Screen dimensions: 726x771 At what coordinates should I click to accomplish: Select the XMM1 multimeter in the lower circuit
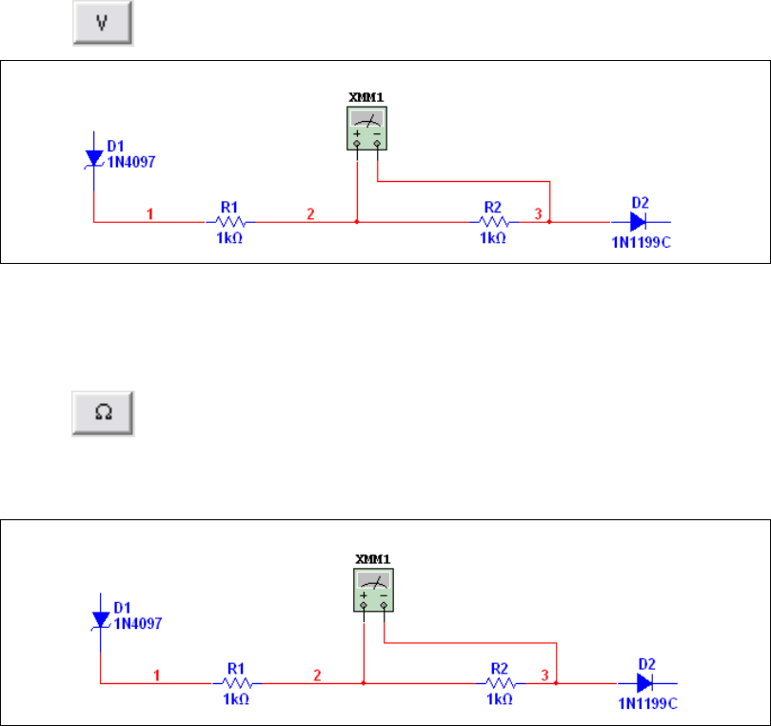point(372,590)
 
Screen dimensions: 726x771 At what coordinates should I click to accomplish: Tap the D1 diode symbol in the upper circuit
point(93,157)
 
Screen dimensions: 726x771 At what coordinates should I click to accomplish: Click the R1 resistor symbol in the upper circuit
point(229,221)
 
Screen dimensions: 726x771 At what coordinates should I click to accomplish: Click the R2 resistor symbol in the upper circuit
point(492,221)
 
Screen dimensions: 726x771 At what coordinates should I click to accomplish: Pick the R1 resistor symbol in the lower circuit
point(236,683)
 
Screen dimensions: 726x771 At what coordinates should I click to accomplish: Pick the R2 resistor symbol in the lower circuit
point(500,683)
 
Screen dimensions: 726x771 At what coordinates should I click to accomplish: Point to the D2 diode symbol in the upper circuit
point(640,221)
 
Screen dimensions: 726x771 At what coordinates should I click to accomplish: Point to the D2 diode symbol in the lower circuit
point(646,683)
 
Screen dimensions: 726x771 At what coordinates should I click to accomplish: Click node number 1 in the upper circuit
point(150,213)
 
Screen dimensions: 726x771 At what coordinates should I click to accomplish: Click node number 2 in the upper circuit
point(310,213)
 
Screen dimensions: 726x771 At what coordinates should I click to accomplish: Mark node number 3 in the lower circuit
point(545,676)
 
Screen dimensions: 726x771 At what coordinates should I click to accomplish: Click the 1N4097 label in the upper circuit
point(130,162)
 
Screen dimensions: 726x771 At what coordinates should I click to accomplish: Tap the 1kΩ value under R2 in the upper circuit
point(493,238)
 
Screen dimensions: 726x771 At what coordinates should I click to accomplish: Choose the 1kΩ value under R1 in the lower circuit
point(236,700)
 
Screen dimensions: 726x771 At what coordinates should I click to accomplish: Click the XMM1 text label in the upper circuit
point(366,98)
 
